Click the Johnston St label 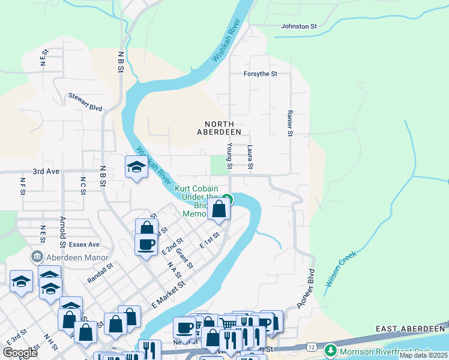(298, 26)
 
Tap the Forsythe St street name (259, 74)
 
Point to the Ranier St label (289, 122)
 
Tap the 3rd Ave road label (46, 171)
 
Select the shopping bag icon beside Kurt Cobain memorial (220, 209)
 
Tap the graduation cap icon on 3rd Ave (136, 167)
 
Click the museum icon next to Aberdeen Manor (38, 256)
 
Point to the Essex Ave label (85, 245)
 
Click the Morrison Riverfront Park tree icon (330, 350)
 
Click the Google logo (20, 353)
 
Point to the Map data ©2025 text (423, 355)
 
